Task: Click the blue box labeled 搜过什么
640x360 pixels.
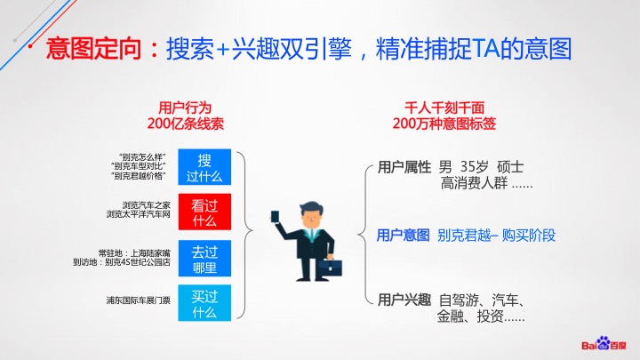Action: tap(204, 167)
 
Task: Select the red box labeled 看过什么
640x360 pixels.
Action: tap(204, 212)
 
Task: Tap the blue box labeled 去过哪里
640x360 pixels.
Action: tap(204, 259)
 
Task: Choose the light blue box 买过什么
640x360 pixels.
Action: tap(204, 303)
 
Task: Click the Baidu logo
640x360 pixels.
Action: tap(604, 344)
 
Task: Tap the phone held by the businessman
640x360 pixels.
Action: tap(276, 216)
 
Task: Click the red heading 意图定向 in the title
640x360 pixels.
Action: tap(93, 49)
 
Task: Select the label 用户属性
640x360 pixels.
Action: tap(404, 167)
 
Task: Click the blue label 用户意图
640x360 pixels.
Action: tap(404, 235)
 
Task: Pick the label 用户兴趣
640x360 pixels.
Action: tap(404, 300)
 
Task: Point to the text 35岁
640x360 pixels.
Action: tap(475, 167)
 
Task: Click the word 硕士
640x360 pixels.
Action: tap(510, 167)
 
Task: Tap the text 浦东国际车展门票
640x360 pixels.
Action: tap(139, 300)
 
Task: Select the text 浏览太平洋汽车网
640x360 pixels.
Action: tap(139, 214)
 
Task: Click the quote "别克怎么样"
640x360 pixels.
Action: tap(142, 157)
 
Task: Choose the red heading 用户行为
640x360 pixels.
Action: tap(185, 108)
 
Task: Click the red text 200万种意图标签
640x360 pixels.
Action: tap(444, 124)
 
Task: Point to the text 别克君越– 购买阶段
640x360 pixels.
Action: tap(496, 235)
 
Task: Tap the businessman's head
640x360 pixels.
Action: tap(312, 215)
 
